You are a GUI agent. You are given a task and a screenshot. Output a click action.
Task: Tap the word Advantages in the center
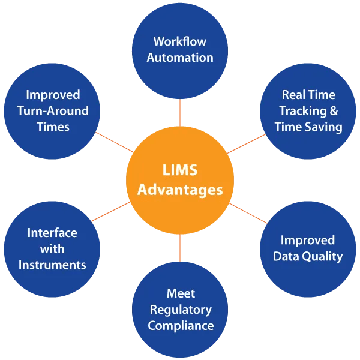pos(180,190)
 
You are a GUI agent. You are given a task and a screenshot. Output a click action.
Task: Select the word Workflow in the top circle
pos(180,41)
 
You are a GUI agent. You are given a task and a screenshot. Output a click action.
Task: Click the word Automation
pos(180,58)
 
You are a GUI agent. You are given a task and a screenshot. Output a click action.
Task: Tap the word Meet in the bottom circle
pos(180,294)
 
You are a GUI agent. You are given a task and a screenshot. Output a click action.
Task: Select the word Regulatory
pos(180,310)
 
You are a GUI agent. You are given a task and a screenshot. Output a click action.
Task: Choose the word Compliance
pos(180,326)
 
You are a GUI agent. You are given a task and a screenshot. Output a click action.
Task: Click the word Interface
pos(52,232)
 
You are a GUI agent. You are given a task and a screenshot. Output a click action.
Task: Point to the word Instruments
pos(52,264)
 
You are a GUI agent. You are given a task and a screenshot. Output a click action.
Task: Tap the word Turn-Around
pos(52,110)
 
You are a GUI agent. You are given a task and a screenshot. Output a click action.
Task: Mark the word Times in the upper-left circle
pos(52,127)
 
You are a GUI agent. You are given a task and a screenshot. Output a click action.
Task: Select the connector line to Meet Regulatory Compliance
pos(180,247)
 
